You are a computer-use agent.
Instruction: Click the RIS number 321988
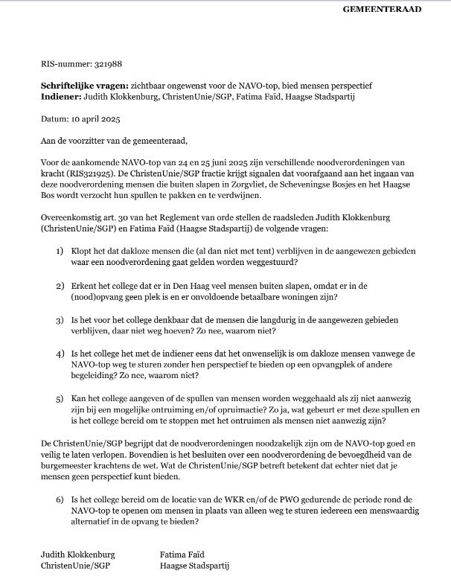[100, 65]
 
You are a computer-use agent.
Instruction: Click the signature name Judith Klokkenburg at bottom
[78, 554]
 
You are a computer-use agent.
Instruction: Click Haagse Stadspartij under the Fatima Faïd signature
[195, 566]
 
